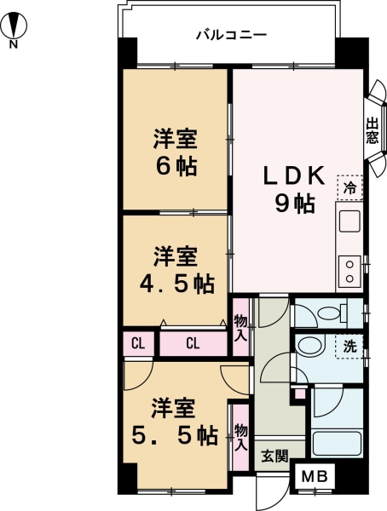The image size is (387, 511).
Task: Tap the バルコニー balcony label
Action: click(x=231, y=36)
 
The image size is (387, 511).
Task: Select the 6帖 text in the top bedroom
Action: click(x=176, y=166)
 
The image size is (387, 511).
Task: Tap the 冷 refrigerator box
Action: click(x=349, y=187)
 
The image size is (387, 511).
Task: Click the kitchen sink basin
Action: click(x=349, y=223)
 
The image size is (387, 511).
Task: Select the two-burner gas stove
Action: click(x=349, y=269)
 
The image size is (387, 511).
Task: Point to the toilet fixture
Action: click(x=327, y=312)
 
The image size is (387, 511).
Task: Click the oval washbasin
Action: click(x=310, y=347)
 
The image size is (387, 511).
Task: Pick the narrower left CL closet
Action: click(x=136, y=344)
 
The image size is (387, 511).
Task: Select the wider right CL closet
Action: click(x=193, y=344)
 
